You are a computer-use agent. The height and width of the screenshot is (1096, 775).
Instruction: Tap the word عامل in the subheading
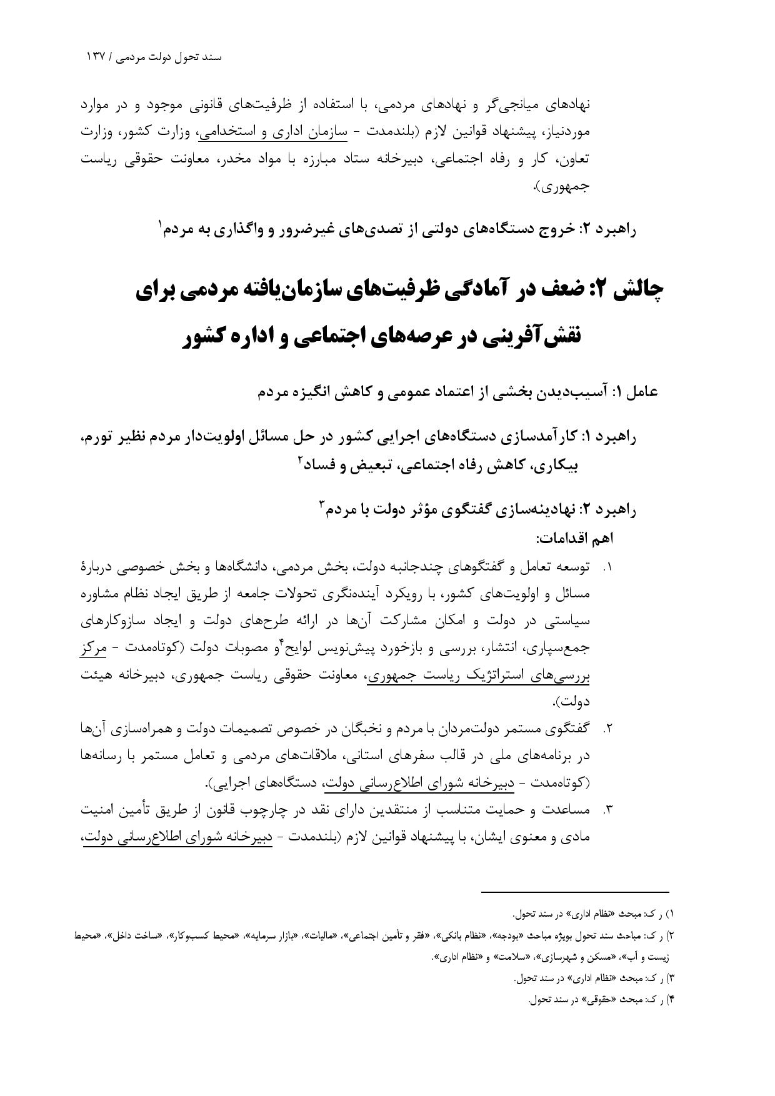[643, 392]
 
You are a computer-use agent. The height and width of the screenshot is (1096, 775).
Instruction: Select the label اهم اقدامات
[575, 538]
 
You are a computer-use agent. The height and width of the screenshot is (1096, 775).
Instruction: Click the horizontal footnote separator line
[574, 892]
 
